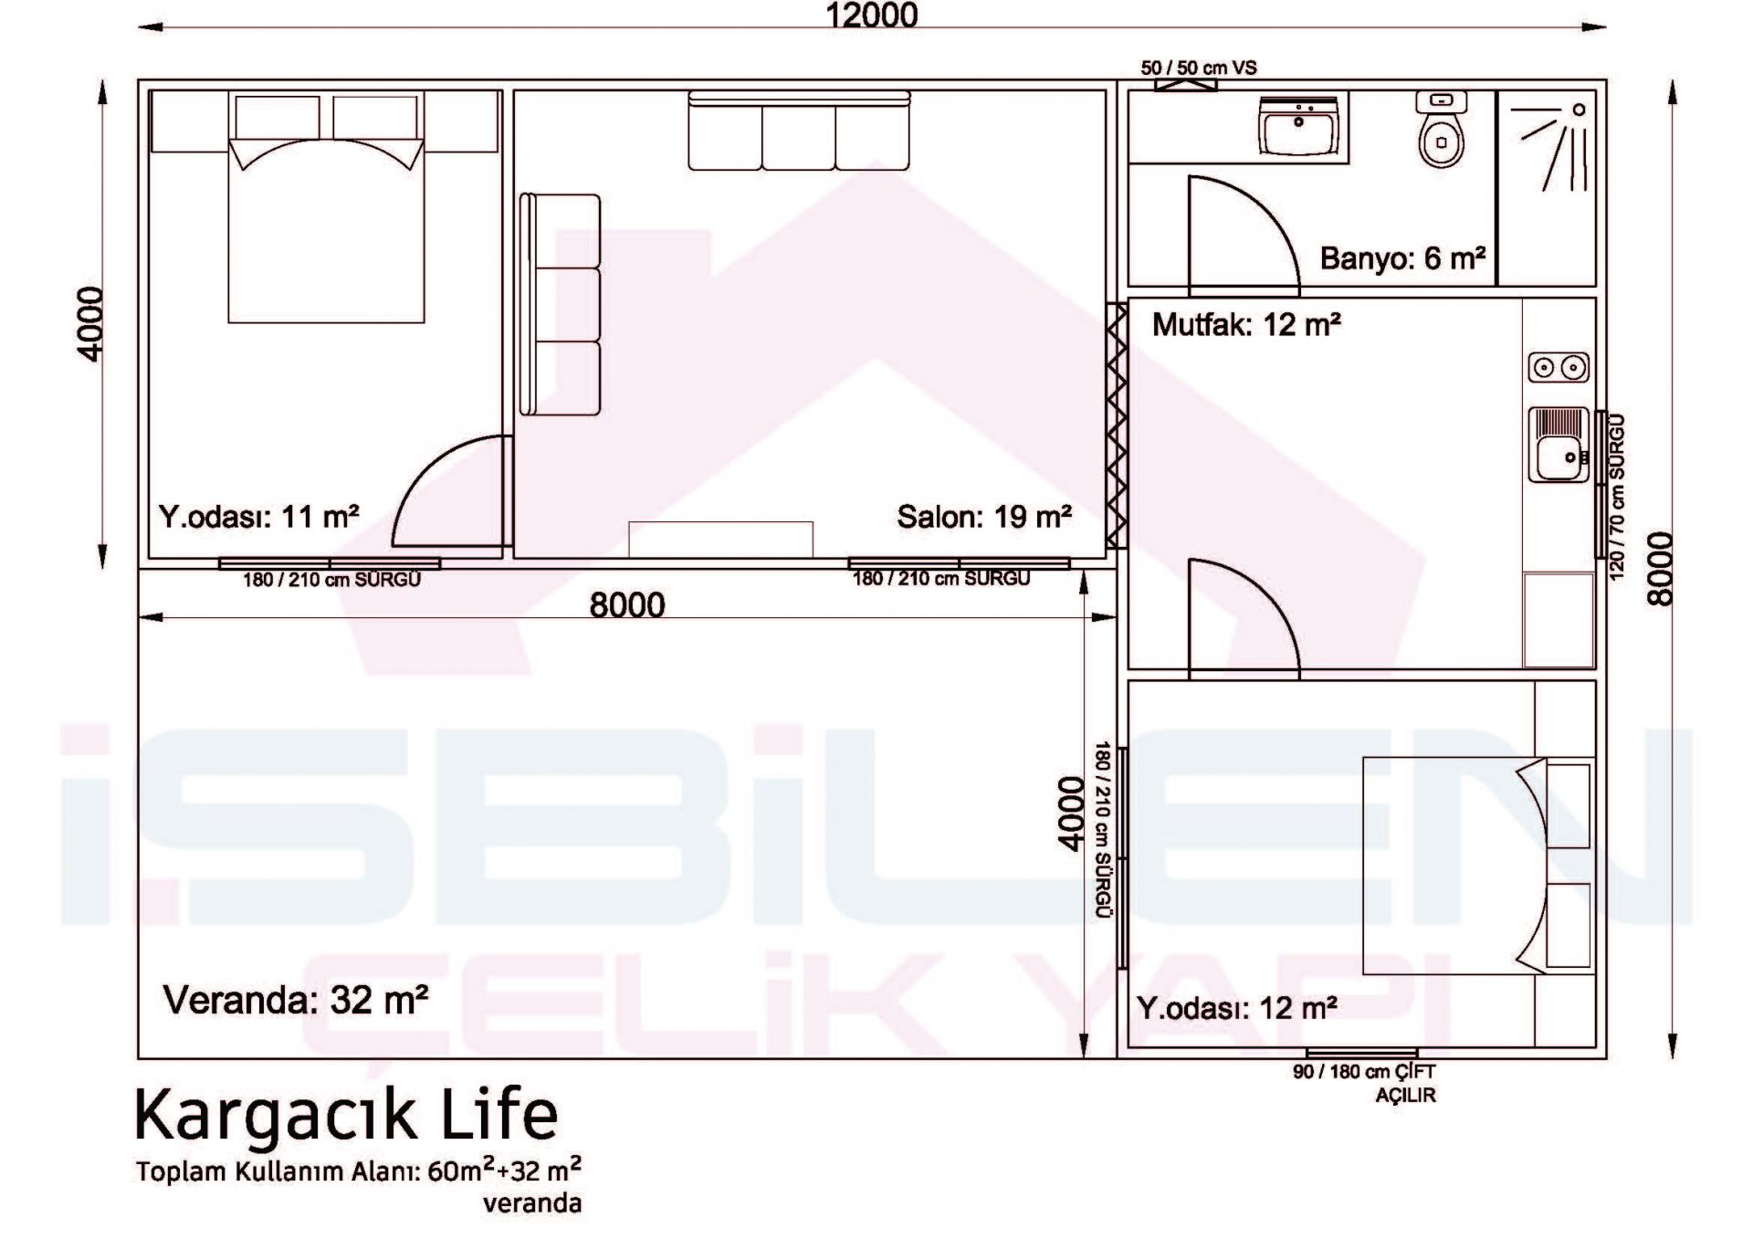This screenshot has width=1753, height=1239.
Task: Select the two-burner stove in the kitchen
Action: point(1559,367)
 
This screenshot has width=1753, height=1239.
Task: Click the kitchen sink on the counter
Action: point(1559,445)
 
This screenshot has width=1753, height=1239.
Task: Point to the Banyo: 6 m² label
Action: point(1402,258)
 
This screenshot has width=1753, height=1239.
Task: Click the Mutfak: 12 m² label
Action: point(1246,324)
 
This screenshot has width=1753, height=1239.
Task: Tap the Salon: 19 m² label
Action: point(984,517)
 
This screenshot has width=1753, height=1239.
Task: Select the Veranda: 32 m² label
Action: point(296,1000)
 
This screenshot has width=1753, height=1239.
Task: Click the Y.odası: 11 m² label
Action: point(259,517)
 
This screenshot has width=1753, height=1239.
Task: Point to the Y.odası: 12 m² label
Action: point(1237,1008)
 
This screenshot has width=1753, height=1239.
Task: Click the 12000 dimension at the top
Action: point(872,15)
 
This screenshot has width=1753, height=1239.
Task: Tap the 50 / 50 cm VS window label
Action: point(1199,68)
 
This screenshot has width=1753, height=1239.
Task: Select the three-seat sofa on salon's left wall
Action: point(560,305)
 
